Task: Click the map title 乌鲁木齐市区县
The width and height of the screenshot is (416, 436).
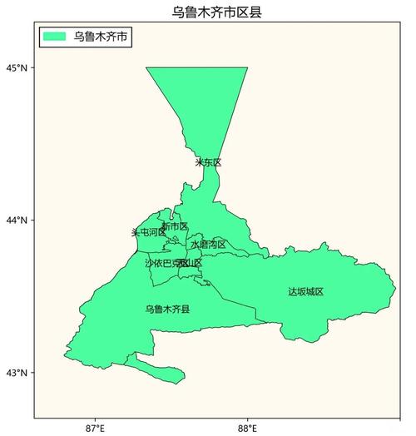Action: tap(209, 12)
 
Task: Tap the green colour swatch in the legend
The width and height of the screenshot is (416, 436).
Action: tap(55, 37)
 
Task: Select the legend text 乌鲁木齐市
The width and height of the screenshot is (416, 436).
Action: tap(101, 37)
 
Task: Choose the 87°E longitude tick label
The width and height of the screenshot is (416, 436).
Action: tap(95, 428)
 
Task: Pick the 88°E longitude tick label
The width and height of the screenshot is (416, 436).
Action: tap(247, 428)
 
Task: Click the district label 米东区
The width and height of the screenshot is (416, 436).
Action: tap(208, 162)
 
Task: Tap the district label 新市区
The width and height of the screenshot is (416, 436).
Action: tap(175, 226)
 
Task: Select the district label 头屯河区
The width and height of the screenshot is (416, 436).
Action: tap(149, 232)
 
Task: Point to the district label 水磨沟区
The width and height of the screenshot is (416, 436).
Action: tap(208, 245)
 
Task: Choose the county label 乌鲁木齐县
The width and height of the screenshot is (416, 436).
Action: tap(167, 310)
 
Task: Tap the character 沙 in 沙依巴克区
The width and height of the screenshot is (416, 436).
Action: tap(149, 263)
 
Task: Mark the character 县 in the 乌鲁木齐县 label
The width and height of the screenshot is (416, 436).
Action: tap(186, 310)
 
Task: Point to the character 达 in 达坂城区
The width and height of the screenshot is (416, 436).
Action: tap(293, 292)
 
